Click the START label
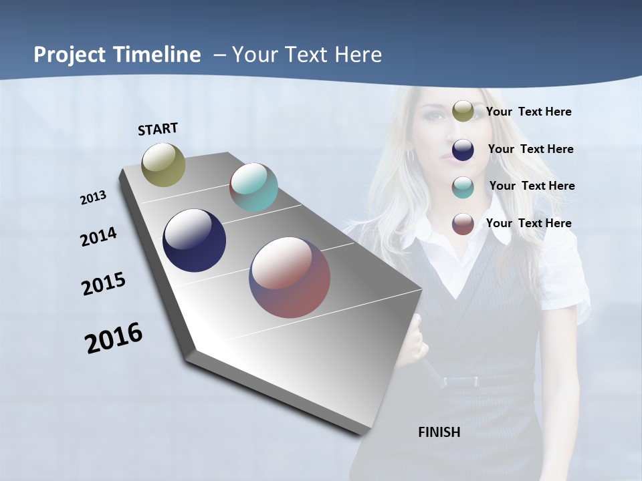point(158,129)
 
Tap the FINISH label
point(439,432)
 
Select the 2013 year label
point(93,198)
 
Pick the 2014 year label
point(98,237)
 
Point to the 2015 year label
point(104,284)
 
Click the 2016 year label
point(114,338)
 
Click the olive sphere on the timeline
point(164,164)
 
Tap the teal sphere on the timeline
point(253,187)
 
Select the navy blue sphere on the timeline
point(195,240)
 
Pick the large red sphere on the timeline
point(290,277)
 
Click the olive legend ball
point(463,112)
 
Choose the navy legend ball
point(463,150)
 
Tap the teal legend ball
point(463,187)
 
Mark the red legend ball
point(463,224)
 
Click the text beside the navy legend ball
point(530,149)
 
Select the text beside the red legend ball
point(528,223)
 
